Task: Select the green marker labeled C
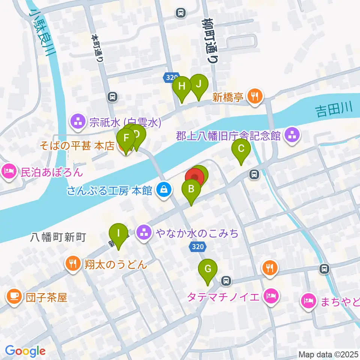point(241,149)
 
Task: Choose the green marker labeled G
point(207,269)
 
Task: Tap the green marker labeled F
point(126,139)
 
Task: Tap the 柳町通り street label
point(210,41)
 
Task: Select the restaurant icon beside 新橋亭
point(255,96)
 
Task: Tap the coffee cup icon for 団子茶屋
point(14,297)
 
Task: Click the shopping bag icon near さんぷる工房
point(164,190)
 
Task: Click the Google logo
point(25,351)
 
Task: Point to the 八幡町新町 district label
point(58,237)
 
